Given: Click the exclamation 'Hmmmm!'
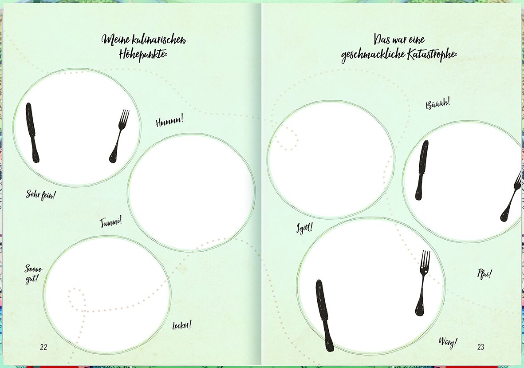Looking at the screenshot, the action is click(169, 121).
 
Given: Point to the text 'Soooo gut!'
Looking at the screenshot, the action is click(33, 274).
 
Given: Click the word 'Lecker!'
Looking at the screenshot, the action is click(182, 325).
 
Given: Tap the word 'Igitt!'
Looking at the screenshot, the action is click(304, 228).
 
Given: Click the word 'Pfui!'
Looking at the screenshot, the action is click(484, 274).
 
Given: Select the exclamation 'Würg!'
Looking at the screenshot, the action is click(448, 342).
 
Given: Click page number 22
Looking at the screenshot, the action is click(43, 347).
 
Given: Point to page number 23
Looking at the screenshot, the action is click(481, 347).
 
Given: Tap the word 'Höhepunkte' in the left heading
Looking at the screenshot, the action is click(143, 54).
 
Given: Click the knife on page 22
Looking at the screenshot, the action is click(32, 133).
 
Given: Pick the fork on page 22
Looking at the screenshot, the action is click(119, 136).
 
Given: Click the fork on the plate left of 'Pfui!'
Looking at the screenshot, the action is click(423, 283).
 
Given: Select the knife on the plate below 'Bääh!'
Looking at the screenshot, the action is click(422, 170).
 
